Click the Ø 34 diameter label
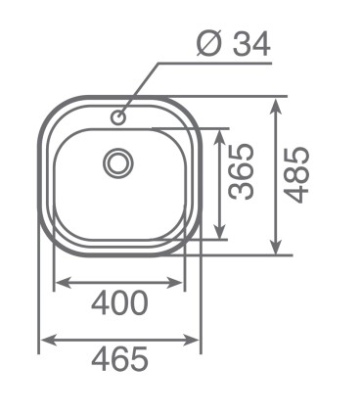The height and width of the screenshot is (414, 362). (234, 44)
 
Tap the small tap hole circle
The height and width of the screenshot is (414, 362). (117, 117)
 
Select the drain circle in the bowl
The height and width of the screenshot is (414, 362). (118, 162)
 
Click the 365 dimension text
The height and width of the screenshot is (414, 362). (242, 171)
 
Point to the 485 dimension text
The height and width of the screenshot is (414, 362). (296, 175)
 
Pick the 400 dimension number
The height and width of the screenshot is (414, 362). (119, 303)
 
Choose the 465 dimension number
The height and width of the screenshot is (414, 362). (119, 359)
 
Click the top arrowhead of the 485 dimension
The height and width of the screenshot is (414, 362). (277, 105)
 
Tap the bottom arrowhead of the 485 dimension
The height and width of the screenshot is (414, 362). (277, 247)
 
